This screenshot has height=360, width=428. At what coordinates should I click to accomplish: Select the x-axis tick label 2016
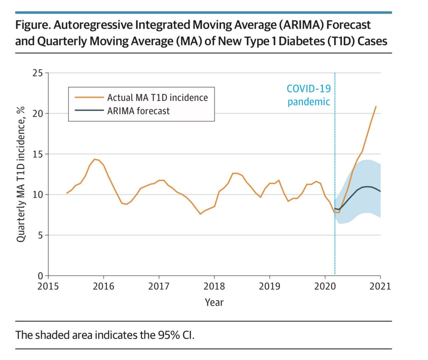point(104,286)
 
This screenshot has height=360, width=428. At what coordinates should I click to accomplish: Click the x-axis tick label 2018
point(214,286)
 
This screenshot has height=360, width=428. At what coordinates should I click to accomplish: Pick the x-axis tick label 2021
point(380,286)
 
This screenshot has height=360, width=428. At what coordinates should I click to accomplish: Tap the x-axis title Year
point(214,302)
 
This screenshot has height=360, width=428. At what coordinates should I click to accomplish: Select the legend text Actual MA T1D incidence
point(158,98)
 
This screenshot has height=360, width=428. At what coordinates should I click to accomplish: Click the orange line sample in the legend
point(88,98)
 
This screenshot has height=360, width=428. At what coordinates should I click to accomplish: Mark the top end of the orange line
point(376,106)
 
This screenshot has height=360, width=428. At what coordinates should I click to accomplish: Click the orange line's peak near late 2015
point(95,159)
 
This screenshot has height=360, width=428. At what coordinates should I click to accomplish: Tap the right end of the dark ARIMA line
point(380,191)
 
